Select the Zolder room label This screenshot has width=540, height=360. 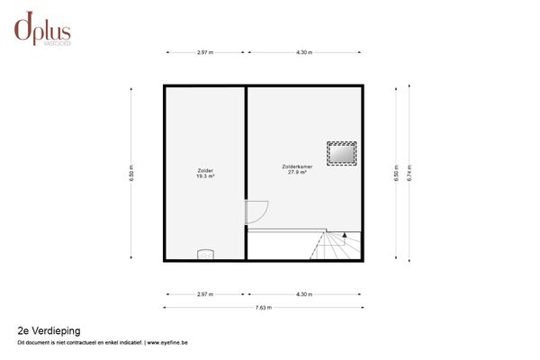point(205,170)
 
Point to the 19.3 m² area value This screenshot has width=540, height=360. point(205,176)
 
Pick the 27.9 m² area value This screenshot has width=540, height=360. point(298,172)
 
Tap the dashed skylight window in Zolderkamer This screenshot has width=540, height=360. point(341,154)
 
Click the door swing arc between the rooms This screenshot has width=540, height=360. point(256,212)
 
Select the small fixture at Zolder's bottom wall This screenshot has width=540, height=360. point(206,255)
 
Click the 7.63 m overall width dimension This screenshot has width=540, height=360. point(263,308)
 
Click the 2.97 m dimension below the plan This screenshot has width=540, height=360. point(204,294)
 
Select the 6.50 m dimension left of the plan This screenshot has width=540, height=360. point(132,171)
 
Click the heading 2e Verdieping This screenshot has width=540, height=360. point(49,331)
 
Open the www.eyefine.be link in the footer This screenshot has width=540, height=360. point(167,343)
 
